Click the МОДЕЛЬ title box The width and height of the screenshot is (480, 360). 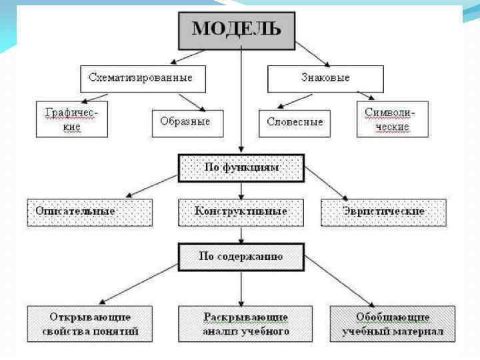click(237, 29)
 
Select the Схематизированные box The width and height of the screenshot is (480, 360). click(141, 78)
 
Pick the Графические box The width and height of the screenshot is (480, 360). click(71, 119)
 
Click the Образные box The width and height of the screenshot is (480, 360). click(185, 121)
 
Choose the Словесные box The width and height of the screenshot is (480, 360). click(294, 121)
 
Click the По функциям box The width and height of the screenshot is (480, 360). click(241, 167)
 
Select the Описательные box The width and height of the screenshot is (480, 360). click(89, 212)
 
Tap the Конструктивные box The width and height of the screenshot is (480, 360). click(241, 212)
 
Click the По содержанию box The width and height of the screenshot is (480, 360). click(241, 256)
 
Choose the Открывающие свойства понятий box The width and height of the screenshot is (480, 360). click(89, 323)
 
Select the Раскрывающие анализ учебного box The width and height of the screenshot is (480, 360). click(245, 323)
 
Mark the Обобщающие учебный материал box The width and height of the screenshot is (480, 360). click(393, 323)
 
